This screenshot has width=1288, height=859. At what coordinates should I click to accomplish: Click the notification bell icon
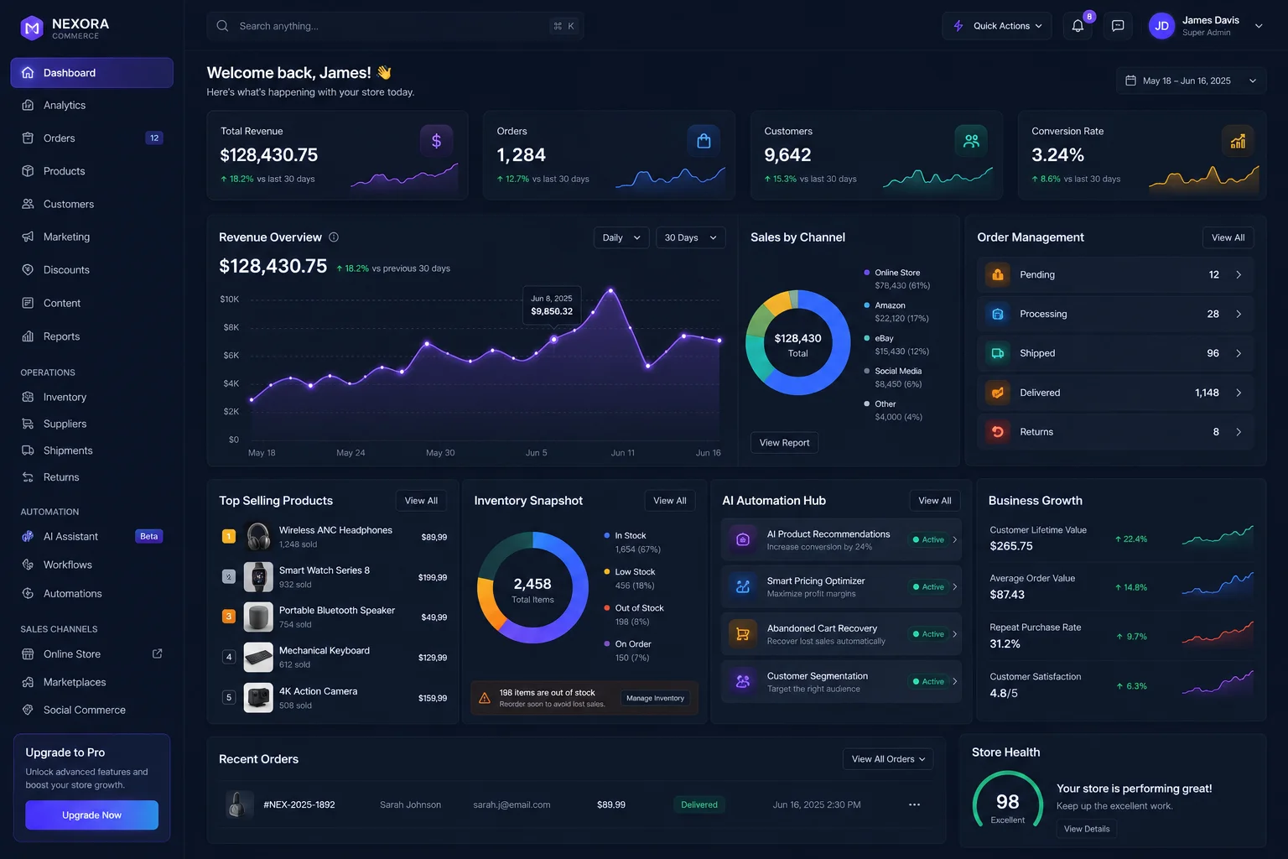[x=1078, y=26]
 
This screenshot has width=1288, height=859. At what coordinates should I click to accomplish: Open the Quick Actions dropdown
[x=996, y=26]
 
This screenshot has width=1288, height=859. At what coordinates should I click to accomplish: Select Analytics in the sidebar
[x=65, y=106]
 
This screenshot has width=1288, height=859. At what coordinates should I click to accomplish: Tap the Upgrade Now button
[x=91, y=815]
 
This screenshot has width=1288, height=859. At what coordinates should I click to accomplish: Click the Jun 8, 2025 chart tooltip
[x=552, y=305]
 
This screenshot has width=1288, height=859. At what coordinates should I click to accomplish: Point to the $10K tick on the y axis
[x=230, y=299]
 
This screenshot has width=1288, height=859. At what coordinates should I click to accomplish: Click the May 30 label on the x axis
[x=440, y=453]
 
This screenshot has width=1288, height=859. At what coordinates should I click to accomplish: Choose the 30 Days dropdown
[x=690, y=237]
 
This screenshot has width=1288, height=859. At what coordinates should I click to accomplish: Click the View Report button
[x=784, y=442]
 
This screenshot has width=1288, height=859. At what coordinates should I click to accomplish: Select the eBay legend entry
[x=897, y=345]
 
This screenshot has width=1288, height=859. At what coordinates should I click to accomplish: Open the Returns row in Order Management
[x=1114, y=432]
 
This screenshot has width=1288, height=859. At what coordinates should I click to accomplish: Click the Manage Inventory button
[x=655, y=698]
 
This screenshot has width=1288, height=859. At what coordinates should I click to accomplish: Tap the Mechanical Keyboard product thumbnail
[x=258, y=657]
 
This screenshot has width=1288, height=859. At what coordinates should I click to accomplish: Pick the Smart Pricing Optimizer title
[x=815, y=580]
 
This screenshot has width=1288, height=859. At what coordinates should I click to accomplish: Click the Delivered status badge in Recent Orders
[x=699, y=804]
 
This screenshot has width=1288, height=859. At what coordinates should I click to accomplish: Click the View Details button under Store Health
[x=1086, y=829]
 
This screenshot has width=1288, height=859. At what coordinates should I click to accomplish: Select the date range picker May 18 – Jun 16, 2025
[x=1190, y=81]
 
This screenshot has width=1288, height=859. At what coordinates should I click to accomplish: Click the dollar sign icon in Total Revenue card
[x=436, y=141]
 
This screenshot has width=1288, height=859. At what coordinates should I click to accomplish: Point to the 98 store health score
[x=1007, y=801]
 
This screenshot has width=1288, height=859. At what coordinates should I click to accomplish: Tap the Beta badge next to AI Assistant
[x=148, y=536]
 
